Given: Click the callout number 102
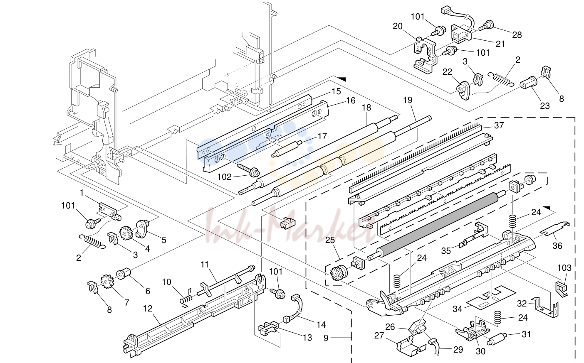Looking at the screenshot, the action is click(225, 177).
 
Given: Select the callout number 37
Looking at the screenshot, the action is click(499, 125).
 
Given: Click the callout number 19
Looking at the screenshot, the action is click(408, 100).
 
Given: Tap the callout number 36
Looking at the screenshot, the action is click(557, 245).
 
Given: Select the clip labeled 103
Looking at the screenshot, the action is click(561, 288).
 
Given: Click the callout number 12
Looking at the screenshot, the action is click(148, 309).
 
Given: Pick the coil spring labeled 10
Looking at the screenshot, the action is click(186, 297).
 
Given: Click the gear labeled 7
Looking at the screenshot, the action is click(107, 281).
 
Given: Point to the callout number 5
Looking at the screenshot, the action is click(164, 240).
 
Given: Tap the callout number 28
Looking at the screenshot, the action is click(517, 35).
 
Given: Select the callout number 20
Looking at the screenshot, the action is click(398, 26).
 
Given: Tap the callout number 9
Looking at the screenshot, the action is click(326, 338).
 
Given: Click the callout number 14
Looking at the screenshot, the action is click(321, 324).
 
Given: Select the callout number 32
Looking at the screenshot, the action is click(522, 304).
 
